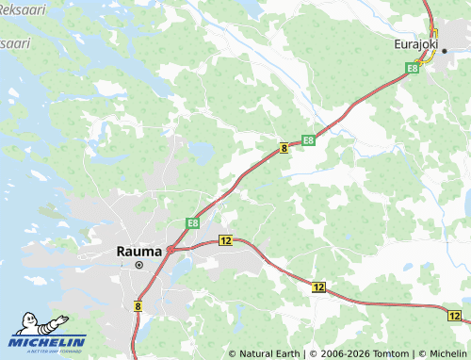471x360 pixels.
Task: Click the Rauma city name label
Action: (x=138, y=252)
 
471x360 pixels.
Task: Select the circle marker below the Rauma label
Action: (x=138, y=266)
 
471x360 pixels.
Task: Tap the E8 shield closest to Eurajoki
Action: (x=413, y=68)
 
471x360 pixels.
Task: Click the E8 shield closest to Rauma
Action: (x=192, y=223)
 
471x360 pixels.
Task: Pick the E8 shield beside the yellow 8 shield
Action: (x=308, y=141)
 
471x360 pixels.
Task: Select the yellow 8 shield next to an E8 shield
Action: (x=284, y=148)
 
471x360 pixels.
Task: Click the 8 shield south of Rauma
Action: (x=138, y=305)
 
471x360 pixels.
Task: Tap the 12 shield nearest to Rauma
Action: (x=224, y=241)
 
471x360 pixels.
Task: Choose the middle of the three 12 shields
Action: (x=318, y=286)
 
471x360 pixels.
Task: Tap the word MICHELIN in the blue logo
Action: (x=48, y=342)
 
